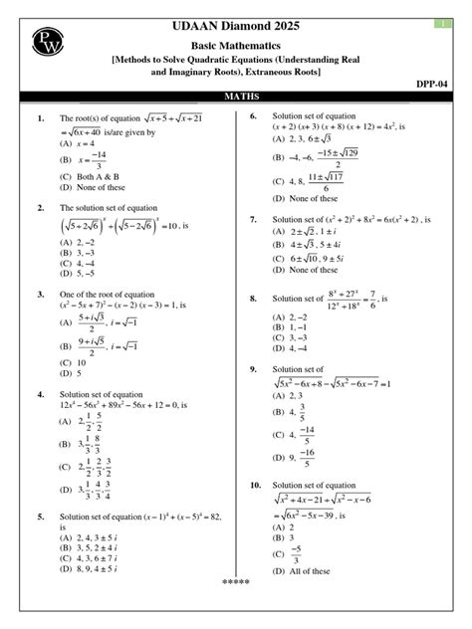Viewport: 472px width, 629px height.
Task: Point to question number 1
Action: point(42,118)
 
